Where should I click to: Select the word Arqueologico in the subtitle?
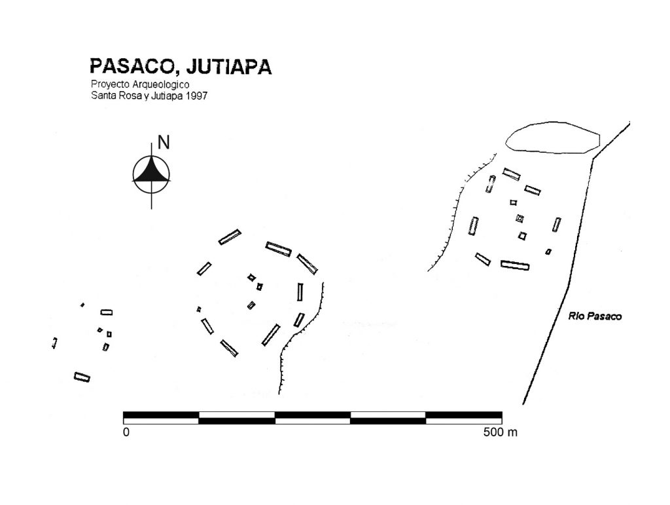(161, 84)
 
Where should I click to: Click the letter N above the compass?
(164, 142)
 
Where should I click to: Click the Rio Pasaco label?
(595, 316)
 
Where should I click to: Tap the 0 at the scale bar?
(126, 432)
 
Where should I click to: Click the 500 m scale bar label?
(501, 432)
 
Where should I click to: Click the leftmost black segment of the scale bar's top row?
(161, 415)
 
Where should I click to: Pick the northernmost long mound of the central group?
(230, 237)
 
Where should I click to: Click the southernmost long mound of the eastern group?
(515, 265)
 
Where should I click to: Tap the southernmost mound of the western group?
(82, 377)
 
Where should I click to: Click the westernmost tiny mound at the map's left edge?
(55, 343)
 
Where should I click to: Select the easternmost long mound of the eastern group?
(556, 225)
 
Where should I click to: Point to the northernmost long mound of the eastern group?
(512, 174)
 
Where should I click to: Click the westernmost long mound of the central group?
(204, 269)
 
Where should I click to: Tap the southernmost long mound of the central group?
(229, 348)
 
